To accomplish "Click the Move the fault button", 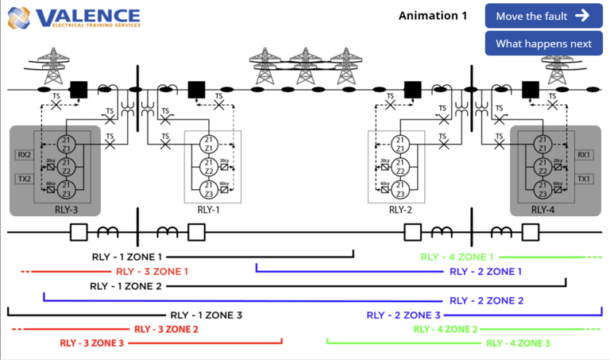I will pyautogui.click(x=543, y=16).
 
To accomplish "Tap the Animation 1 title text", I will pyautogui.click(x=433, y=16).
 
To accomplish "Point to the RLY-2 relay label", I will pyautogui.click(x=400, y=210).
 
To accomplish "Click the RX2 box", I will pyautogui.click(x=22, y=155).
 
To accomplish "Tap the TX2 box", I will pyautogui.click(x=22, y=179).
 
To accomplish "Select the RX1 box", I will pyautogui.click(x=584, y=155).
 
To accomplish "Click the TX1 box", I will pyautogui.click(x=584, y=179).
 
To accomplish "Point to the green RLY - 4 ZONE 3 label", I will pyautogui.click(x=517, y=343).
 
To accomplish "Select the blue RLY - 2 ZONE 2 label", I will pyautogui.click(x=486, y=300).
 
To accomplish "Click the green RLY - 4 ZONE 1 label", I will pyautogui.click(x=457, y=257).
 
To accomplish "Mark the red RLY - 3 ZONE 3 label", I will pyautogui.click(x=92, y=343).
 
